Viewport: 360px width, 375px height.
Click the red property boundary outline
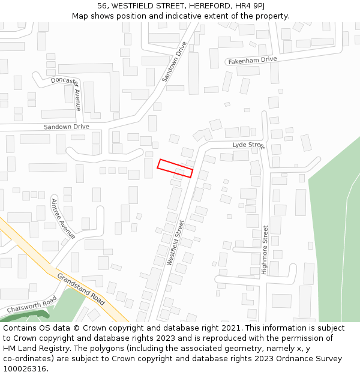click(175, 168)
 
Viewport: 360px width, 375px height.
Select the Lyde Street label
click(248, 145)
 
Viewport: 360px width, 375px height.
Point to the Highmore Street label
click(265, 250)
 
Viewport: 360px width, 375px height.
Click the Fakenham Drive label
click(252, 60)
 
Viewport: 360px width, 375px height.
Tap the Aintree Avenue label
click(64, 218)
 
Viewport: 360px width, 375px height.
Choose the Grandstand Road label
click(82, 289)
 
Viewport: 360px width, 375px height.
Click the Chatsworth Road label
click(32, 304)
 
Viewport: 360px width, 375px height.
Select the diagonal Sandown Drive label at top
click(175, 62)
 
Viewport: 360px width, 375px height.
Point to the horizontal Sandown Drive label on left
click(66, 127)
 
